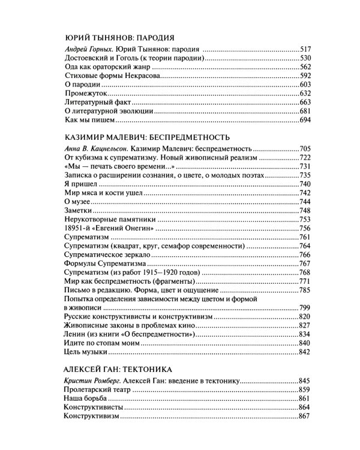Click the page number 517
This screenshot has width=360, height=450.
coord(305,48)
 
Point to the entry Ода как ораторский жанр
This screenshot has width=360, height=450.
coord(102,67)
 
